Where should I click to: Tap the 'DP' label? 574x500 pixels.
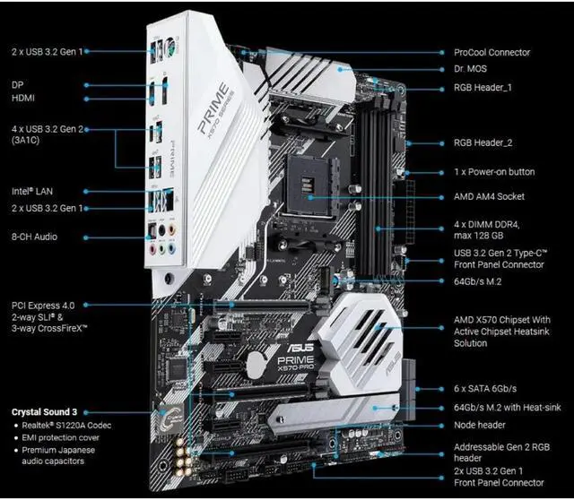17,84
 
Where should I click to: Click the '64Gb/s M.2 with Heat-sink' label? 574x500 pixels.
506,408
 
